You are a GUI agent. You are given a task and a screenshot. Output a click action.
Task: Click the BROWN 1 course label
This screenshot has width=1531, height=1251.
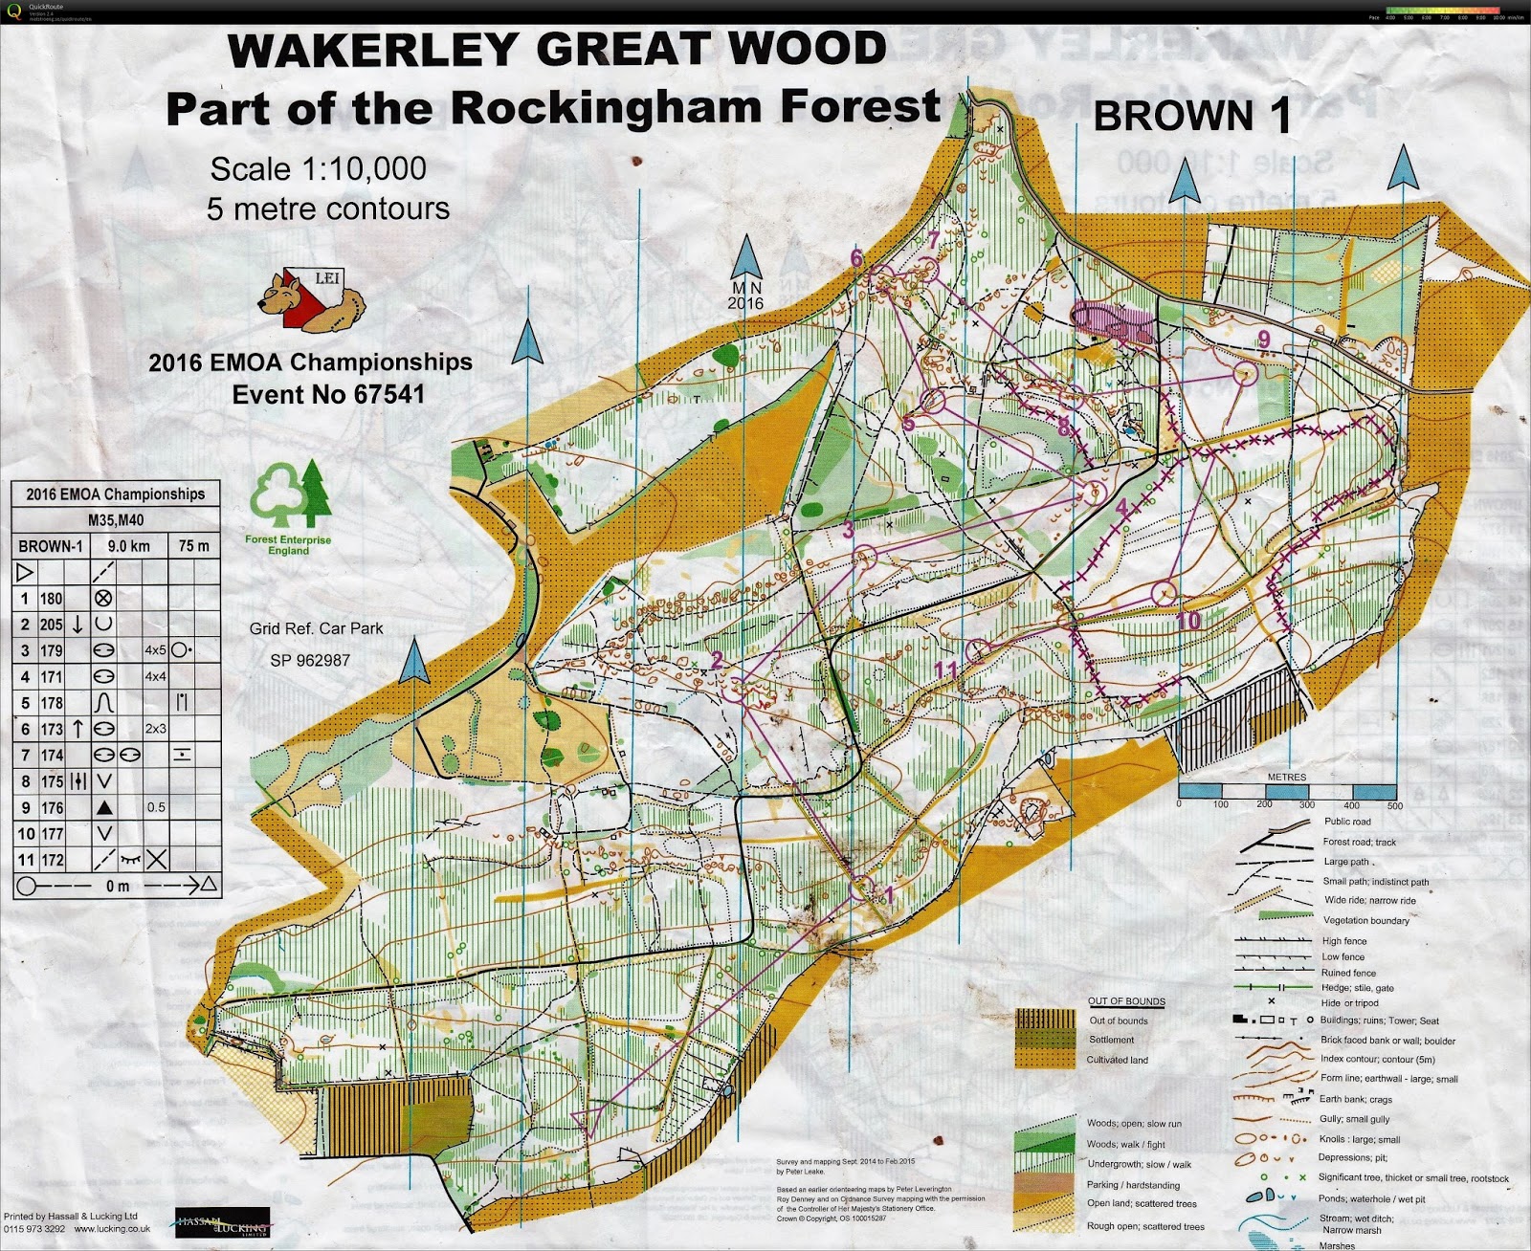pyautogui.click(x=1192, y=116)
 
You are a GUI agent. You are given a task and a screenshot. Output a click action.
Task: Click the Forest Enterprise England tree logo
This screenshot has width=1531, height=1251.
pyautogui.click(x=289, y=496)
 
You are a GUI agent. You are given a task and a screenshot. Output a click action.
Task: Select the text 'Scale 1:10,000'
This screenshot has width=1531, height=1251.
pyautogui.click(x=318, y=169)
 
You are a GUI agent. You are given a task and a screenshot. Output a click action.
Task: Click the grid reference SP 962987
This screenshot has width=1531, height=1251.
pyautogui.click(x=310, y=660)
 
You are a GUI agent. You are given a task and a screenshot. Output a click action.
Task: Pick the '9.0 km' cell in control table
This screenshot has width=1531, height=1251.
pyautogui.click(x=128, y=546)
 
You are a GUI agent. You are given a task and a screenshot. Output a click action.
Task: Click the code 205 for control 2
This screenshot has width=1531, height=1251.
pyautogui.click(x=51, y=625)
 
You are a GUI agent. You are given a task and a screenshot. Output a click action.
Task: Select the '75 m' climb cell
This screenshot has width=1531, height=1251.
pyautogui.click(x=194, y=546)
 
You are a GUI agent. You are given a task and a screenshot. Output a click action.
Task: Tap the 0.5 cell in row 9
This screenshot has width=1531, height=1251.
pyautogui.click(x=156, y=807)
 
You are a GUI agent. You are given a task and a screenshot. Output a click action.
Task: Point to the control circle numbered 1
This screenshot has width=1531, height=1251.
pyautogui.click(x=861, y=888)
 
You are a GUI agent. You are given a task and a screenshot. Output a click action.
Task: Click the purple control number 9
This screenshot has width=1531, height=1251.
pyautogui.click(x=1264, y=339)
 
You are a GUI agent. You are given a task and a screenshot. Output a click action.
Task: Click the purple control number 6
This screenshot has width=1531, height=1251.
pyautogui.click(x=856, y=257)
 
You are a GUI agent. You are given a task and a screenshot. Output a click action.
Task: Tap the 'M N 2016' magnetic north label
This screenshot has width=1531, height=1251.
pyautogui.click(x=746, y=295)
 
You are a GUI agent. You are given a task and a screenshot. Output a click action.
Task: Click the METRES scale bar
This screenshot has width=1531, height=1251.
pyautogui.click(x=1286, y=791)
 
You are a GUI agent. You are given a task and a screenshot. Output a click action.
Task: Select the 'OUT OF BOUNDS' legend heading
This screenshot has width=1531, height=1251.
pyautogui.click(x=1126, y=1001)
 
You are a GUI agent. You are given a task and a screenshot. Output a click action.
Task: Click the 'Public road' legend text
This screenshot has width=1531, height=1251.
pyautogui.click(x=1347, y=822)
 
